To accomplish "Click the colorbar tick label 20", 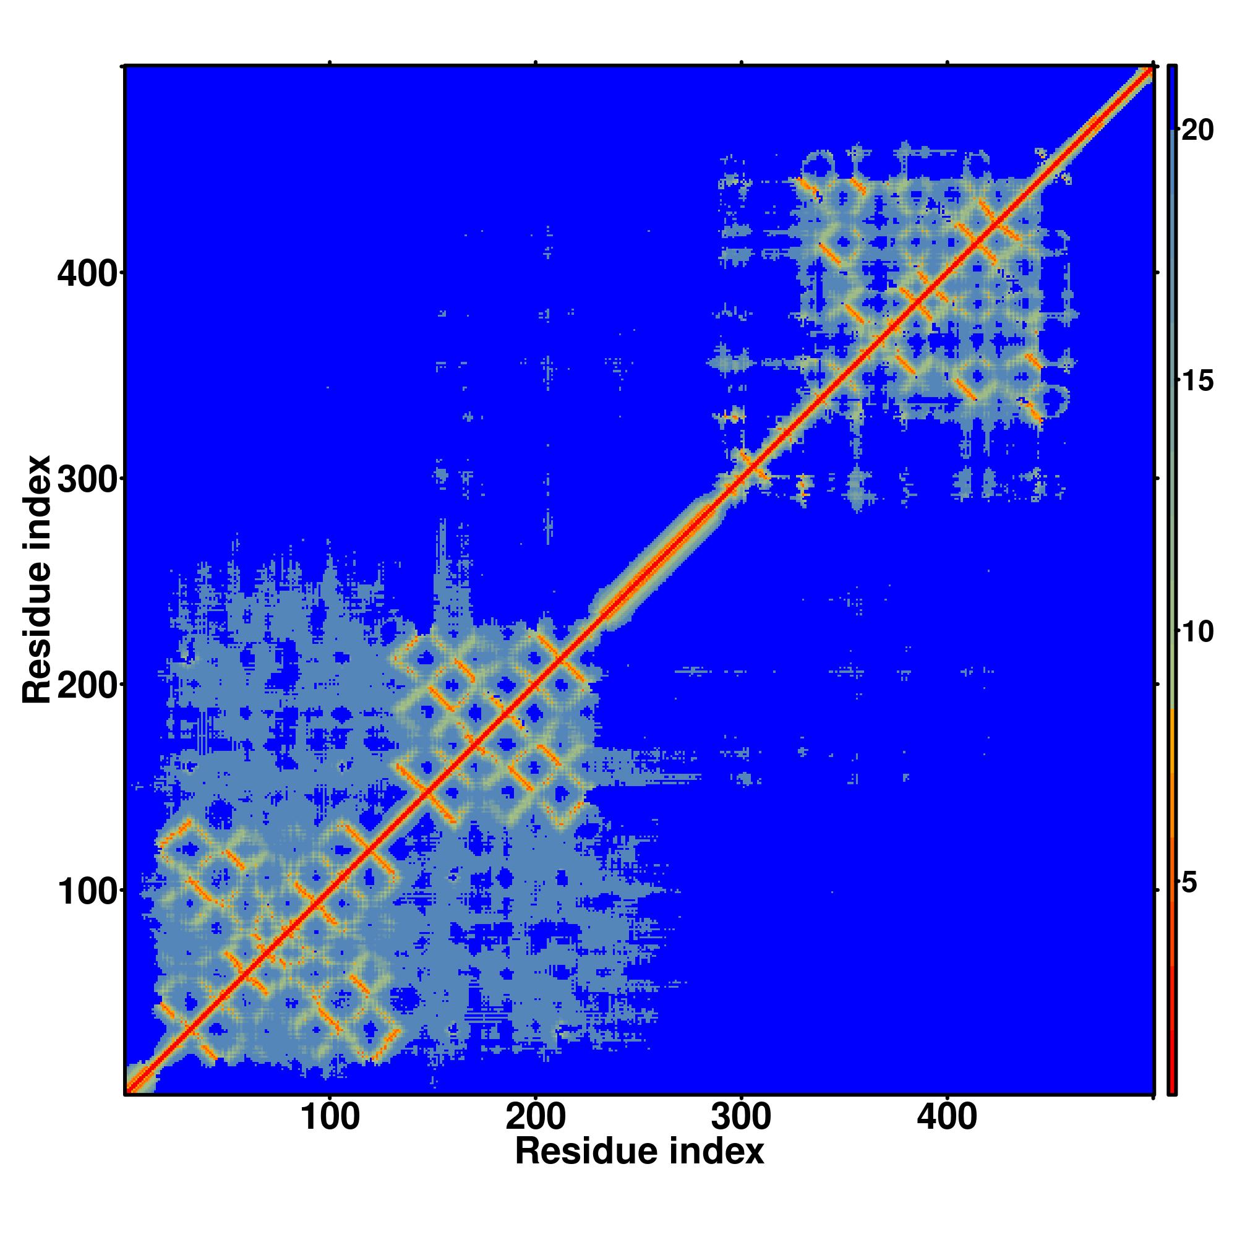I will point(1197,131).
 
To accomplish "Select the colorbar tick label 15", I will point(1197,382).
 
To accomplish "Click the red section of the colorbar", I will point(1171,1024).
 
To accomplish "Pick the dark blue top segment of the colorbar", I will point(1171,96).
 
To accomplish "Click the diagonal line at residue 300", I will point(742,479).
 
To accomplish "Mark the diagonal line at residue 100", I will point(330,891).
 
